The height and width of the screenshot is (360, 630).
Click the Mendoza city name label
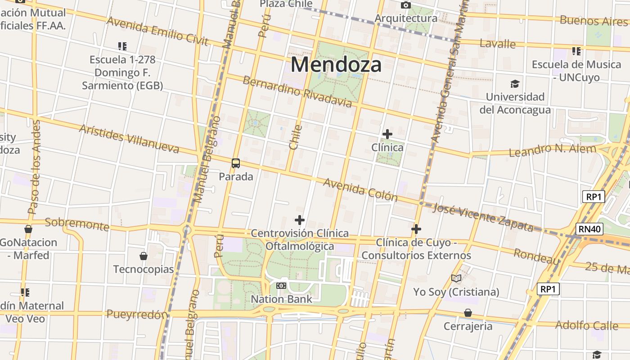pyautogui.click(x=336, y=64)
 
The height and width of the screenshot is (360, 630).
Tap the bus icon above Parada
pyautogui.click(x=236, y=163)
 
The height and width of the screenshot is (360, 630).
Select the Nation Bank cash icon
pyautogui.click(x=281, y=286)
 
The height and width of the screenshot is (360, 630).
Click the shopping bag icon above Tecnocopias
pyautogui.click(x=144, y=256)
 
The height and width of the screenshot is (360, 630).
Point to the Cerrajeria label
pyautogui.click(x=468, y=326)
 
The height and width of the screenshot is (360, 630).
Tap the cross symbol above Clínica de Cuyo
pyautogui.click(x=416, y=229)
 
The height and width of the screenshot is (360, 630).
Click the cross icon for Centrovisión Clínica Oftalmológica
pyautogui.click(x=300, y=220)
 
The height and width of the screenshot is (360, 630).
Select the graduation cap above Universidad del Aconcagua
pyautogui.click(x=515, y=84)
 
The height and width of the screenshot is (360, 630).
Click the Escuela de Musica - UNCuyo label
pyautogui.click(x=576, y=71)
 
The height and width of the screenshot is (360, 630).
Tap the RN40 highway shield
pyautogui.click(x=589, y=229)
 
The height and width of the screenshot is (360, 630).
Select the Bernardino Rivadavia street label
pyautogui.click(x=297, y=92)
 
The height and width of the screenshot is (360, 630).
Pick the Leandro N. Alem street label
pyautogui.click(x=552, y=150)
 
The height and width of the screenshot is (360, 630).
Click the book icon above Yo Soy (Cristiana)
pyautogui.click(x=456, y=278)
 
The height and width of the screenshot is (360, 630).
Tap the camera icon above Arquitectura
pyautogui.click(x=406, y=5)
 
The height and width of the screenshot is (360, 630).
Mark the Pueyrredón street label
pyautogui.click(x=137, y=315)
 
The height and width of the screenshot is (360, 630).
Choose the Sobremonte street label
pyautogui.click(x=77, y=224)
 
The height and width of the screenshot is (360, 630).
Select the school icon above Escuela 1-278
pyautogui.click(x=122, y=46)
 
